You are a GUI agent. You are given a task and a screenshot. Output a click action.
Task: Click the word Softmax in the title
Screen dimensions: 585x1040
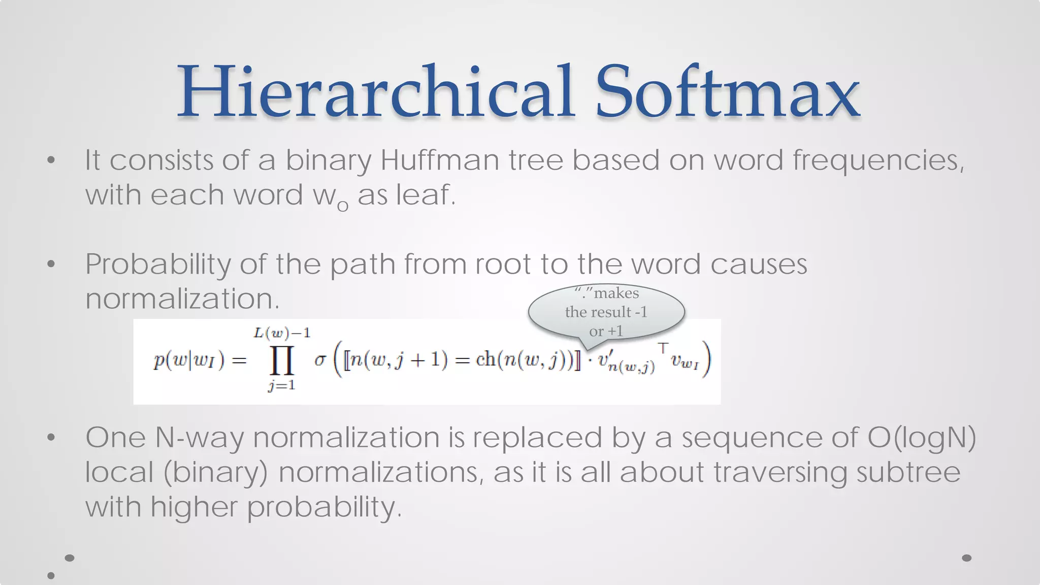(x=727, y=92)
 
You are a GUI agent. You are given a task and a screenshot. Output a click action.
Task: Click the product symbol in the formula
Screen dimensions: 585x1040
(x=282, y=361)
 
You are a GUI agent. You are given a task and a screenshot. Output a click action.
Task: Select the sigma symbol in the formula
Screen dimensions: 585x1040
(x=320, y=360)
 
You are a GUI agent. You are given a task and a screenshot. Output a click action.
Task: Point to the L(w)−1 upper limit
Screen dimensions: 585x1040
(x=282, y=333)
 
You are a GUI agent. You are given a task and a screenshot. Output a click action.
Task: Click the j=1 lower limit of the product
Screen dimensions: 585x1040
(x=282, y=386)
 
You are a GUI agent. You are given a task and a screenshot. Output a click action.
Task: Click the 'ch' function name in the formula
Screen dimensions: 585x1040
(x=485, y=360)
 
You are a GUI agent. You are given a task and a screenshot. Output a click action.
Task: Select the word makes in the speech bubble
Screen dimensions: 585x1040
(x=616, y=294)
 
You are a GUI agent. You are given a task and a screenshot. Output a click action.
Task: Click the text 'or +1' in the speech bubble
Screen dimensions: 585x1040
(x=606, y=332)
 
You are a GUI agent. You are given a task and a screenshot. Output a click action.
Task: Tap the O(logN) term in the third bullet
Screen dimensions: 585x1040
(x=921, y=438)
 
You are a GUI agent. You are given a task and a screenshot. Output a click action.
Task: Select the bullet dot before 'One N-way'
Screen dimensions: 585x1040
(x=51, y=438)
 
